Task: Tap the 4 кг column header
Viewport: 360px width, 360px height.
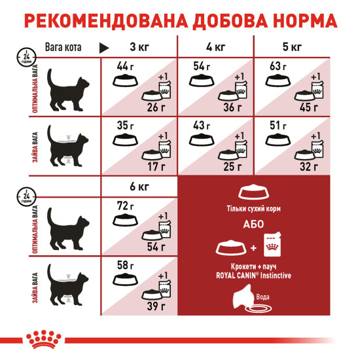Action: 215,47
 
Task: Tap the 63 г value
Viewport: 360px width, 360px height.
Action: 278,66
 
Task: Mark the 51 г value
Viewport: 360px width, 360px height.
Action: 278,125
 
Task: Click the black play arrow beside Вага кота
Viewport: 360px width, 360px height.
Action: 103,48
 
